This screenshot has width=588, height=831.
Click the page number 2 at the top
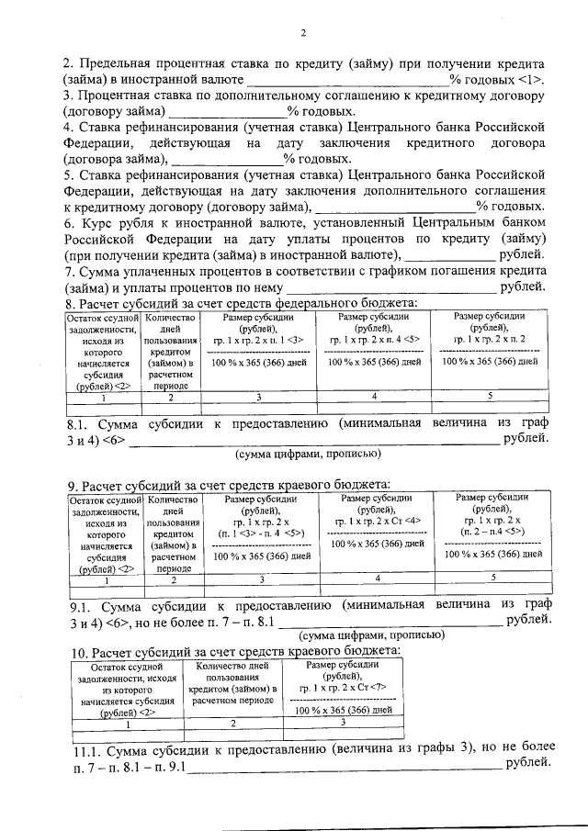point(302,34)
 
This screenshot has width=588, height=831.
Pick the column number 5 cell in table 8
point(490,397)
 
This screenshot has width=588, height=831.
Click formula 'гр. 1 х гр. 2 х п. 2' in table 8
point(491,339)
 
